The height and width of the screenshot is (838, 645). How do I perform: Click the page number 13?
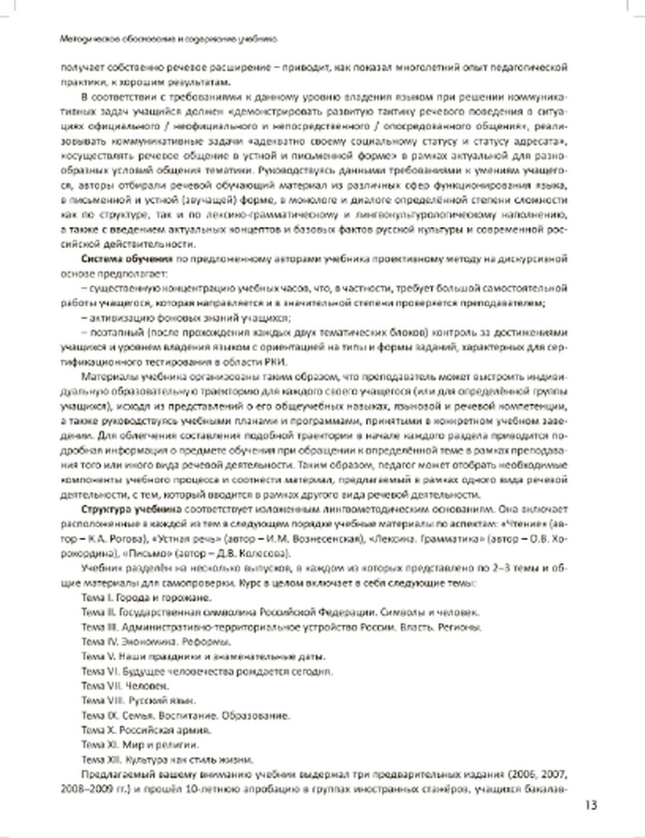pos(591,804)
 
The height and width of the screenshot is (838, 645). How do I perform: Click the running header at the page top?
pos(168,39)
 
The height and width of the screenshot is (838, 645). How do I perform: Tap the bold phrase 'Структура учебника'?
pos(119,509)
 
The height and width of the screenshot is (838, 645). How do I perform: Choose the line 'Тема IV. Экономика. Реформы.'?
pos(156,642)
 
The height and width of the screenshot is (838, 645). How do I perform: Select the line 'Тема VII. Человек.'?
pos(125,686)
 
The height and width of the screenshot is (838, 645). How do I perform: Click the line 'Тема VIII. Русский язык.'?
pos(139,701)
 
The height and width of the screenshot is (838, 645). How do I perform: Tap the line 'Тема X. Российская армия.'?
pos(146,730)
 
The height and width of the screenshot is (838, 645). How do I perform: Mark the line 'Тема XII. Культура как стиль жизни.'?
pos(167,759)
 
